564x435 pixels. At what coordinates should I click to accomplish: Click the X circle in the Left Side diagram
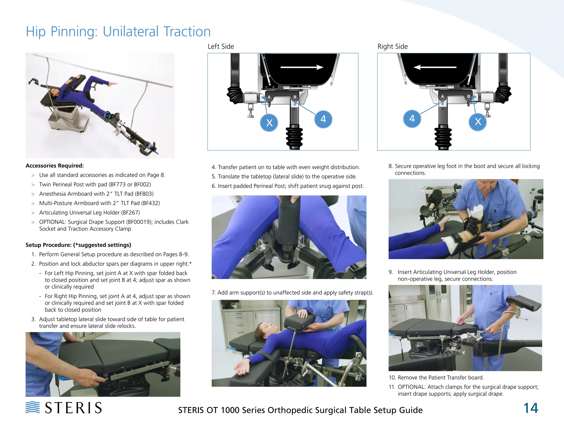point(269,123)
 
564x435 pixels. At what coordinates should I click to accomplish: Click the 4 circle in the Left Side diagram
point(323,119)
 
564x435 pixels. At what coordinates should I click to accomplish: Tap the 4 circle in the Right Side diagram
point(412,119)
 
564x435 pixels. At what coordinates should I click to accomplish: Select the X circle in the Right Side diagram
point(478,122)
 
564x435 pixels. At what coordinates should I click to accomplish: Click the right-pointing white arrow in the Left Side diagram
point(302,67)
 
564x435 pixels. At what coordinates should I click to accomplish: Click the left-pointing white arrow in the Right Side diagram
point(435,67)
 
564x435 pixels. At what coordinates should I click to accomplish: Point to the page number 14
point(530,408)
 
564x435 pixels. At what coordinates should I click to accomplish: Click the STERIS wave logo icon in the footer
point(32,407)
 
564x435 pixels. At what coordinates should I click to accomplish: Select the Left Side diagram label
point(221,46)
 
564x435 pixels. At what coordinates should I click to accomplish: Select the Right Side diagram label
point(392,46)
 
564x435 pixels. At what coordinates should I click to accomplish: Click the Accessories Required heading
point(55,166)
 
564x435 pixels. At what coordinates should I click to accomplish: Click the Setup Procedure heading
point(78,245)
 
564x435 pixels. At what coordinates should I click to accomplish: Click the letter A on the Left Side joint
point(269,97)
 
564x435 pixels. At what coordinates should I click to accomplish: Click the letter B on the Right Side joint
point(468,97)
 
